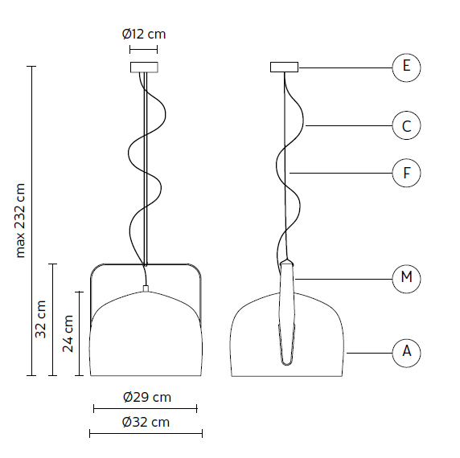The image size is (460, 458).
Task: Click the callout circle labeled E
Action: tap(406, 67)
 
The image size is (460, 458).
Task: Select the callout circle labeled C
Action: tap(406, 125)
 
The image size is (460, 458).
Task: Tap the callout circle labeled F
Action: tap(406, 172)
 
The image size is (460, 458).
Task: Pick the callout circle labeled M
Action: tap(406, 278)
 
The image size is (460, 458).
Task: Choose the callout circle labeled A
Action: tap(406, 351)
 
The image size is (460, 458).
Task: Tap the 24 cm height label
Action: tap(68, 333)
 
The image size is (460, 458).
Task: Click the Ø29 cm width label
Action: tap(146, 397)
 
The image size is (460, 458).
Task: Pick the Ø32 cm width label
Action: tap(146, 422)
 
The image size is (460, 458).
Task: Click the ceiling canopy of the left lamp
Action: tap(143, 67)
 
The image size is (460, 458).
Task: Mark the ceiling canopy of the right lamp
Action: tap(284, 67)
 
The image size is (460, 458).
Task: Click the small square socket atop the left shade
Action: tap(146, 288)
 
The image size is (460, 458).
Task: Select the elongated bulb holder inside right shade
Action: tap(287, 313)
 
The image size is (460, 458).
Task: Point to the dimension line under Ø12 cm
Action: tap(143, 50)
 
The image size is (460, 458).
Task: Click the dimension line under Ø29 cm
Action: tap(146, 409)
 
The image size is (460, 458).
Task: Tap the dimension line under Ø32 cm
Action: tap(146, 434)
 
